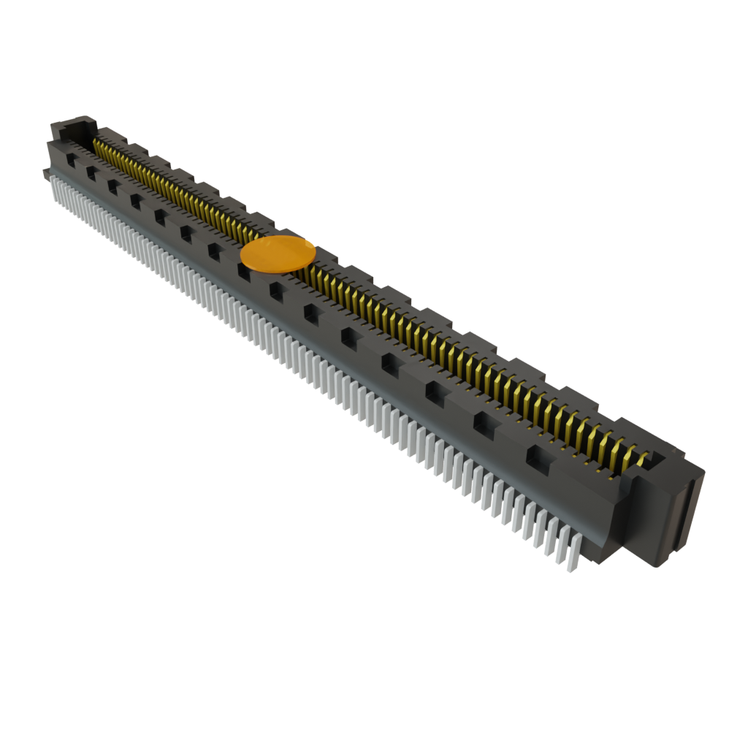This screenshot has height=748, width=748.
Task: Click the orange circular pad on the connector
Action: click(x=278, y=253)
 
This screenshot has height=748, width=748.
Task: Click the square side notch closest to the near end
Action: click(x=540, y=457)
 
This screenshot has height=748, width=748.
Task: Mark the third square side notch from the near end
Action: click(x=436, y=391)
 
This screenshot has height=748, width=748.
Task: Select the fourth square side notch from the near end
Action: click(x=391, y=362)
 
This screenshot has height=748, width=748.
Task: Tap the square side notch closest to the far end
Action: click(x=72, y=156)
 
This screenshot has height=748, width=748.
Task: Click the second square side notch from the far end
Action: click(x=92, y=172)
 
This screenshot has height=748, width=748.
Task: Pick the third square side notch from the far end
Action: click(x=113, y=186)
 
